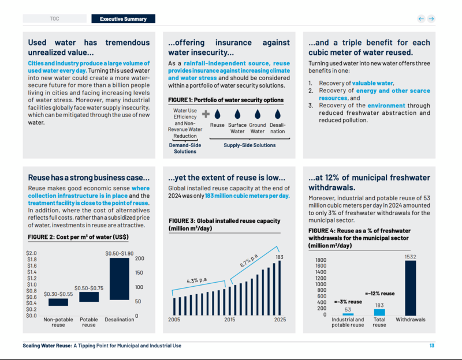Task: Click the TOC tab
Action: pyautogui.click(x=54, y=18)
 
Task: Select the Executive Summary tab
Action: pyautogui.click(x=123, y=18)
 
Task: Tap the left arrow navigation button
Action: pyautogui.click(x=421, y=18)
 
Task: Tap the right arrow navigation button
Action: pyautogui.click(x=431, y=18)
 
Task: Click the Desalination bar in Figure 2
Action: pyautogui.click(x=119, y=286)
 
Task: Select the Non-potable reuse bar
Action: pyautogui.click(x=58, y=302)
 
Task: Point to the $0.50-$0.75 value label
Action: pyautogui.click(x=88, y=287)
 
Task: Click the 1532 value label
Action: pyautogui.click(x=410, y=257)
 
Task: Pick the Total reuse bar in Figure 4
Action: pyautogui.click(x=379, y=312)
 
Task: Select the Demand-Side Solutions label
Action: pyautogui.click(x=185, y=148)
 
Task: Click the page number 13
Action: pyautogui.click(x=431, y=346)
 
